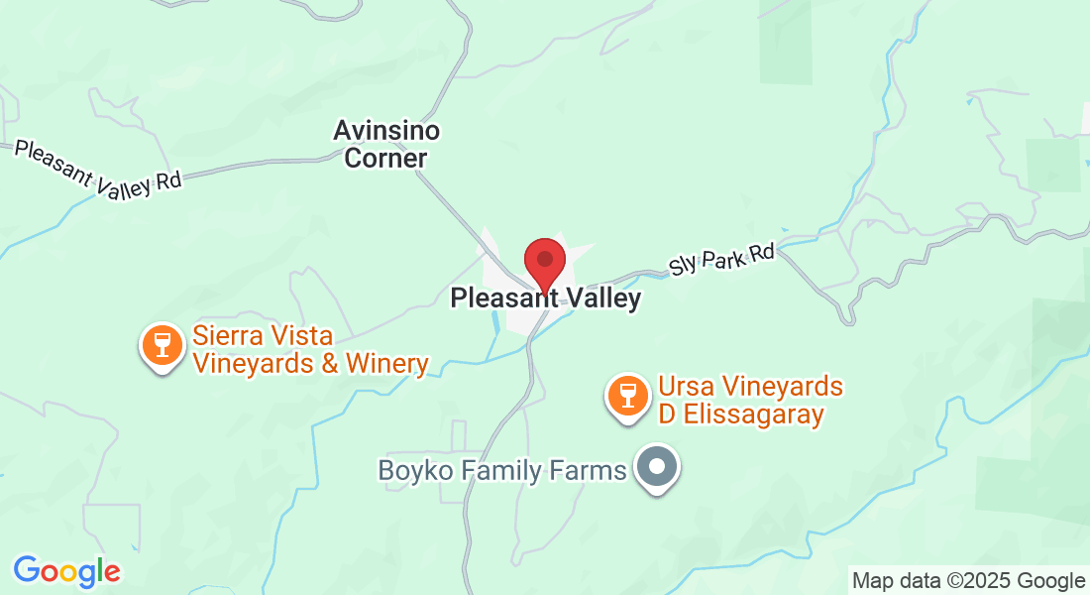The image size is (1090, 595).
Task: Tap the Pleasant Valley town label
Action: [545, 297]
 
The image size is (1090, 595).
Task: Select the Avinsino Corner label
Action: [386, 144]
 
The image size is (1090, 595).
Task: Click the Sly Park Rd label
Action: [720, 260]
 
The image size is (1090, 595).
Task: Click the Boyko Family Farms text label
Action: [502, 469]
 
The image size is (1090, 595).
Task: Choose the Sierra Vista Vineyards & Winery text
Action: [310, 350]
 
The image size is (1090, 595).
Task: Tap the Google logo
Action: [66, 571]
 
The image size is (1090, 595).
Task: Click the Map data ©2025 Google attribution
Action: [969, 581]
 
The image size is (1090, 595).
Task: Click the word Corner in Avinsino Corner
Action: [386, 158]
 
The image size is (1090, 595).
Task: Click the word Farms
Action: [590, 469]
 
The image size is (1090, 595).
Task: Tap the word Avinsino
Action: [386, 130]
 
